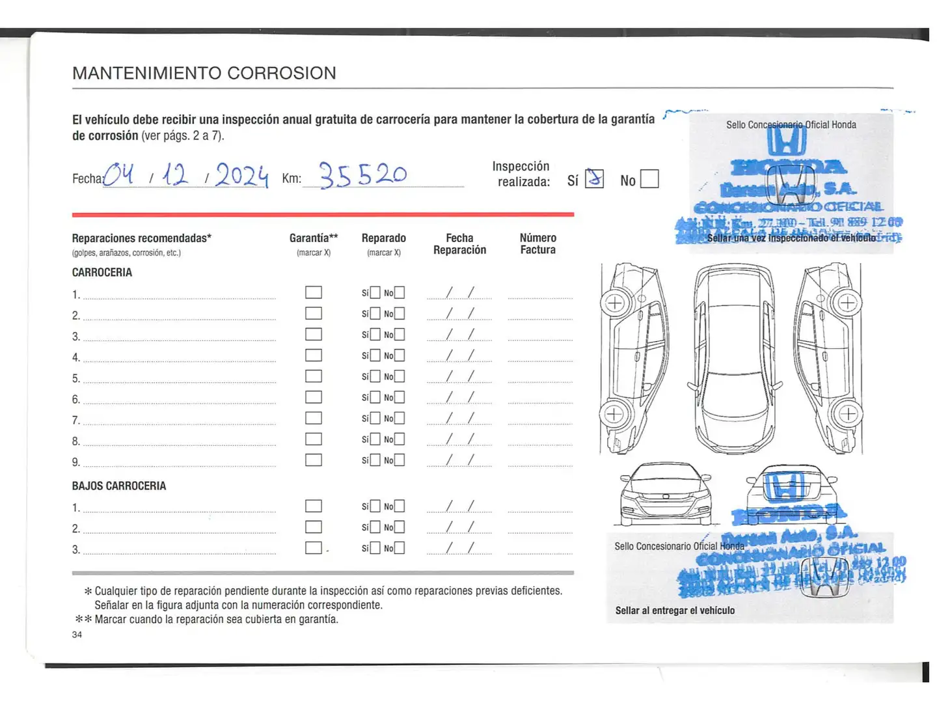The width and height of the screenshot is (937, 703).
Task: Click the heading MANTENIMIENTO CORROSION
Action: (x=204, y=73)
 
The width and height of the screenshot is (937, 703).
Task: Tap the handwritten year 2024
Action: (x=241, y=175)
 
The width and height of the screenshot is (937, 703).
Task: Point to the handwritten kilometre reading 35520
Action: (x=362, y=174)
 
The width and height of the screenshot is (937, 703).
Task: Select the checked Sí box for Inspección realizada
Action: (x=594, y=178)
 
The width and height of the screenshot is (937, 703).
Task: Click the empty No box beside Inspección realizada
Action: (x=649, y=179)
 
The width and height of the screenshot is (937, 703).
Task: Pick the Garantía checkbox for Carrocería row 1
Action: (x=314, y=292)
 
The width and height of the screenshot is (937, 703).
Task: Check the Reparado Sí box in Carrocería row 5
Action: (x=375, y=376)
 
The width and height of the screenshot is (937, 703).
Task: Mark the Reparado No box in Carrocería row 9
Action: (x=400, y=460)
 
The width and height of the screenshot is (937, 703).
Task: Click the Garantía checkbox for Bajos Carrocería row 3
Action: (x=314, y=548)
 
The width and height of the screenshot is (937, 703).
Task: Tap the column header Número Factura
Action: (x=537, y=243)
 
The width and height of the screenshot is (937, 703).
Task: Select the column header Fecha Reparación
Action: (x=459, y=243)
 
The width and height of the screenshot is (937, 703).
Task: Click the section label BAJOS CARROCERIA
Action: (x=119, y=486)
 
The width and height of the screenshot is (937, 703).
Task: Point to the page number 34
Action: (x=77, y=635)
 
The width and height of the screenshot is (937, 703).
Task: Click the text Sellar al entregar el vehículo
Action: (x=675, y=611)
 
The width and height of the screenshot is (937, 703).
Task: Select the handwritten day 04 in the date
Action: (x=119, y=174)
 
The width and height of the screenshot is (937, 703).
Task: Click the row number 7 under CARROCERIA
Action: (x=75, y=420)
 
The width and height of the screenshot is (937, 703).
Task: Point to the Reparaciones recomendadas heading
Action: (x=141, y=238)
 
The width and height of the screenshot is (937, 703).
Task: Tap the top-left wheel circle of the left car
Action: (x=615, y=303)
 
